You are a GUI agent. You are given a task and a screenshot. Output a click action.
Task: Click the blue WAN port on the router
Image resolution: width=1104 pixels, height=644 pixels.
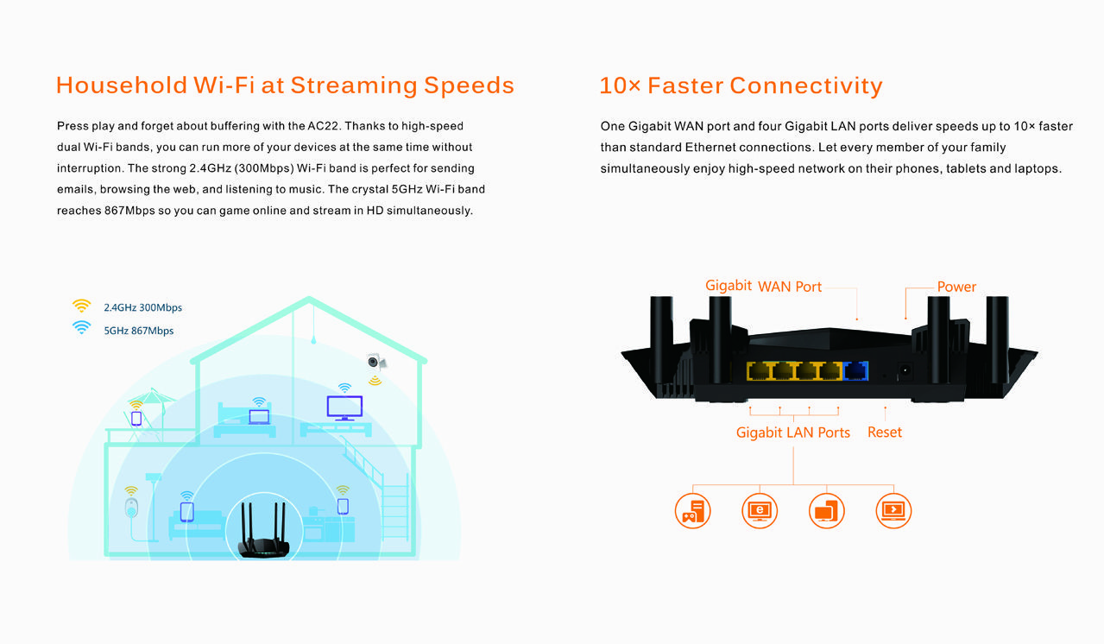pos(855,371)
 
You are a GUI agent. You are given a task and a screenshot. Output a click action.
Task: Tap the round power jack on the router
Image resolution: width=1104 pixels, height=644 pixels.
pos(905,372)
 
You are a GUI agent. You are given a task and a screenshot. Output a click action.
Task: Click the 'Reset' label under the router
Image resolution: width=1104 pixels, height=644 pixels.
pos(884,432)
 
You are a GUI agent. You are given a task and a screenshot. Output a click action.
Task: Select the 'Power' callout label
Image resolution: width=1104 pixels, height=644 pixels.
pos(956,287)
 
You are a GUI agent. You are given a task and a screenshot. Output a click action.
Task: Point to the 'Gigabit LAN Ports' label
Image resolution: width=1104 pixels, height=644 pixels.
pos(792,432)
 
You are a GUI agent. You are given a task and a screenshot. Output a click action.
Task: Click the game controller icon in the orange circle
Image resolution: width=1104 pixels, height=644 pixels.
pos(692,510)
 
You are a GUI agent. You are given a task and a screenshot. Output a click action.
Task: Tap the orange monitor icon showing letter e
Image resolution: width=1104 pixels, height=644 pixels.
pos(760,510)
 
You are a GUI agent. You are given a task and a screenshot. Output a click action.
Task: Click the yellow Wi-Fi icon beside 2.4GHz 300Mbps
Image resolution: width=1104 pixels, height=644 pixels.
pos(81,306)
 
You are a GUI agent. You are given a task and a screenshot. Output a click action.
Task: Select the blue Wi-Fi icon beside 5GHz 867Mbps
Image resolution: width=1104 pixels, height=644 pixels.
pos(81,327)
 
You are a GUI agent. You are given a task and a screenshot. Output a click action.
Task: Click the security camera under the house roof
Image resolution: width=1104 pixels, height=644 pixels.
pos(376,363)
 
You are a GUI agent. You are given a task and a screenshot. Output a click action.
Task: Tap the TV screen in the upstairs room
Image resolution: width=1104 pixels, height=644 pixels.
pos(344,406)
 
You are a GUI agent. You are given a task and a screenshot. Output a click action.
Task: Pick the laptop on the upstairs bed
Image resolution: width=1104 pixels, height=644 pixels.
pos(259,417)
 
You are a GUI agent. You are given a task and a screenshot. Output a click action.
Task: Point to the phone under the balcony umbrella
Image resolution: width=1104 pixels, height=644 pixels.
pos(136,418)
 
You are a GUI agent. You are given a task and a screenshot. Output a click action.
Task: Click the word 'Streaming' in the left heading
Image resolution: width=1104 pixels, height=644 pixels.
pos(352,85)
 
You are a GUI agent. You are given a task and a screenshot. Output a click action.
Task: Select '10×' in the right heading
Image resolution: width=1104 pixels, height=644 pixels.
pos(619,85)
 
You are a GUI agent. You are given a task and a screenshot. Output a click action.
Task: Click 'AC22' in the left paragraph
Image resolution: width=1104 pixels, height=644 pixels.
pos(325,126)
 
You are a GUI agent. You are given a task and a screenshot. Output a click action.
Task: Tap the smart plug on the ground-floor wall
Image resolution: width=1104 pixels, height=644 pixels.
pos(131,506)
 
